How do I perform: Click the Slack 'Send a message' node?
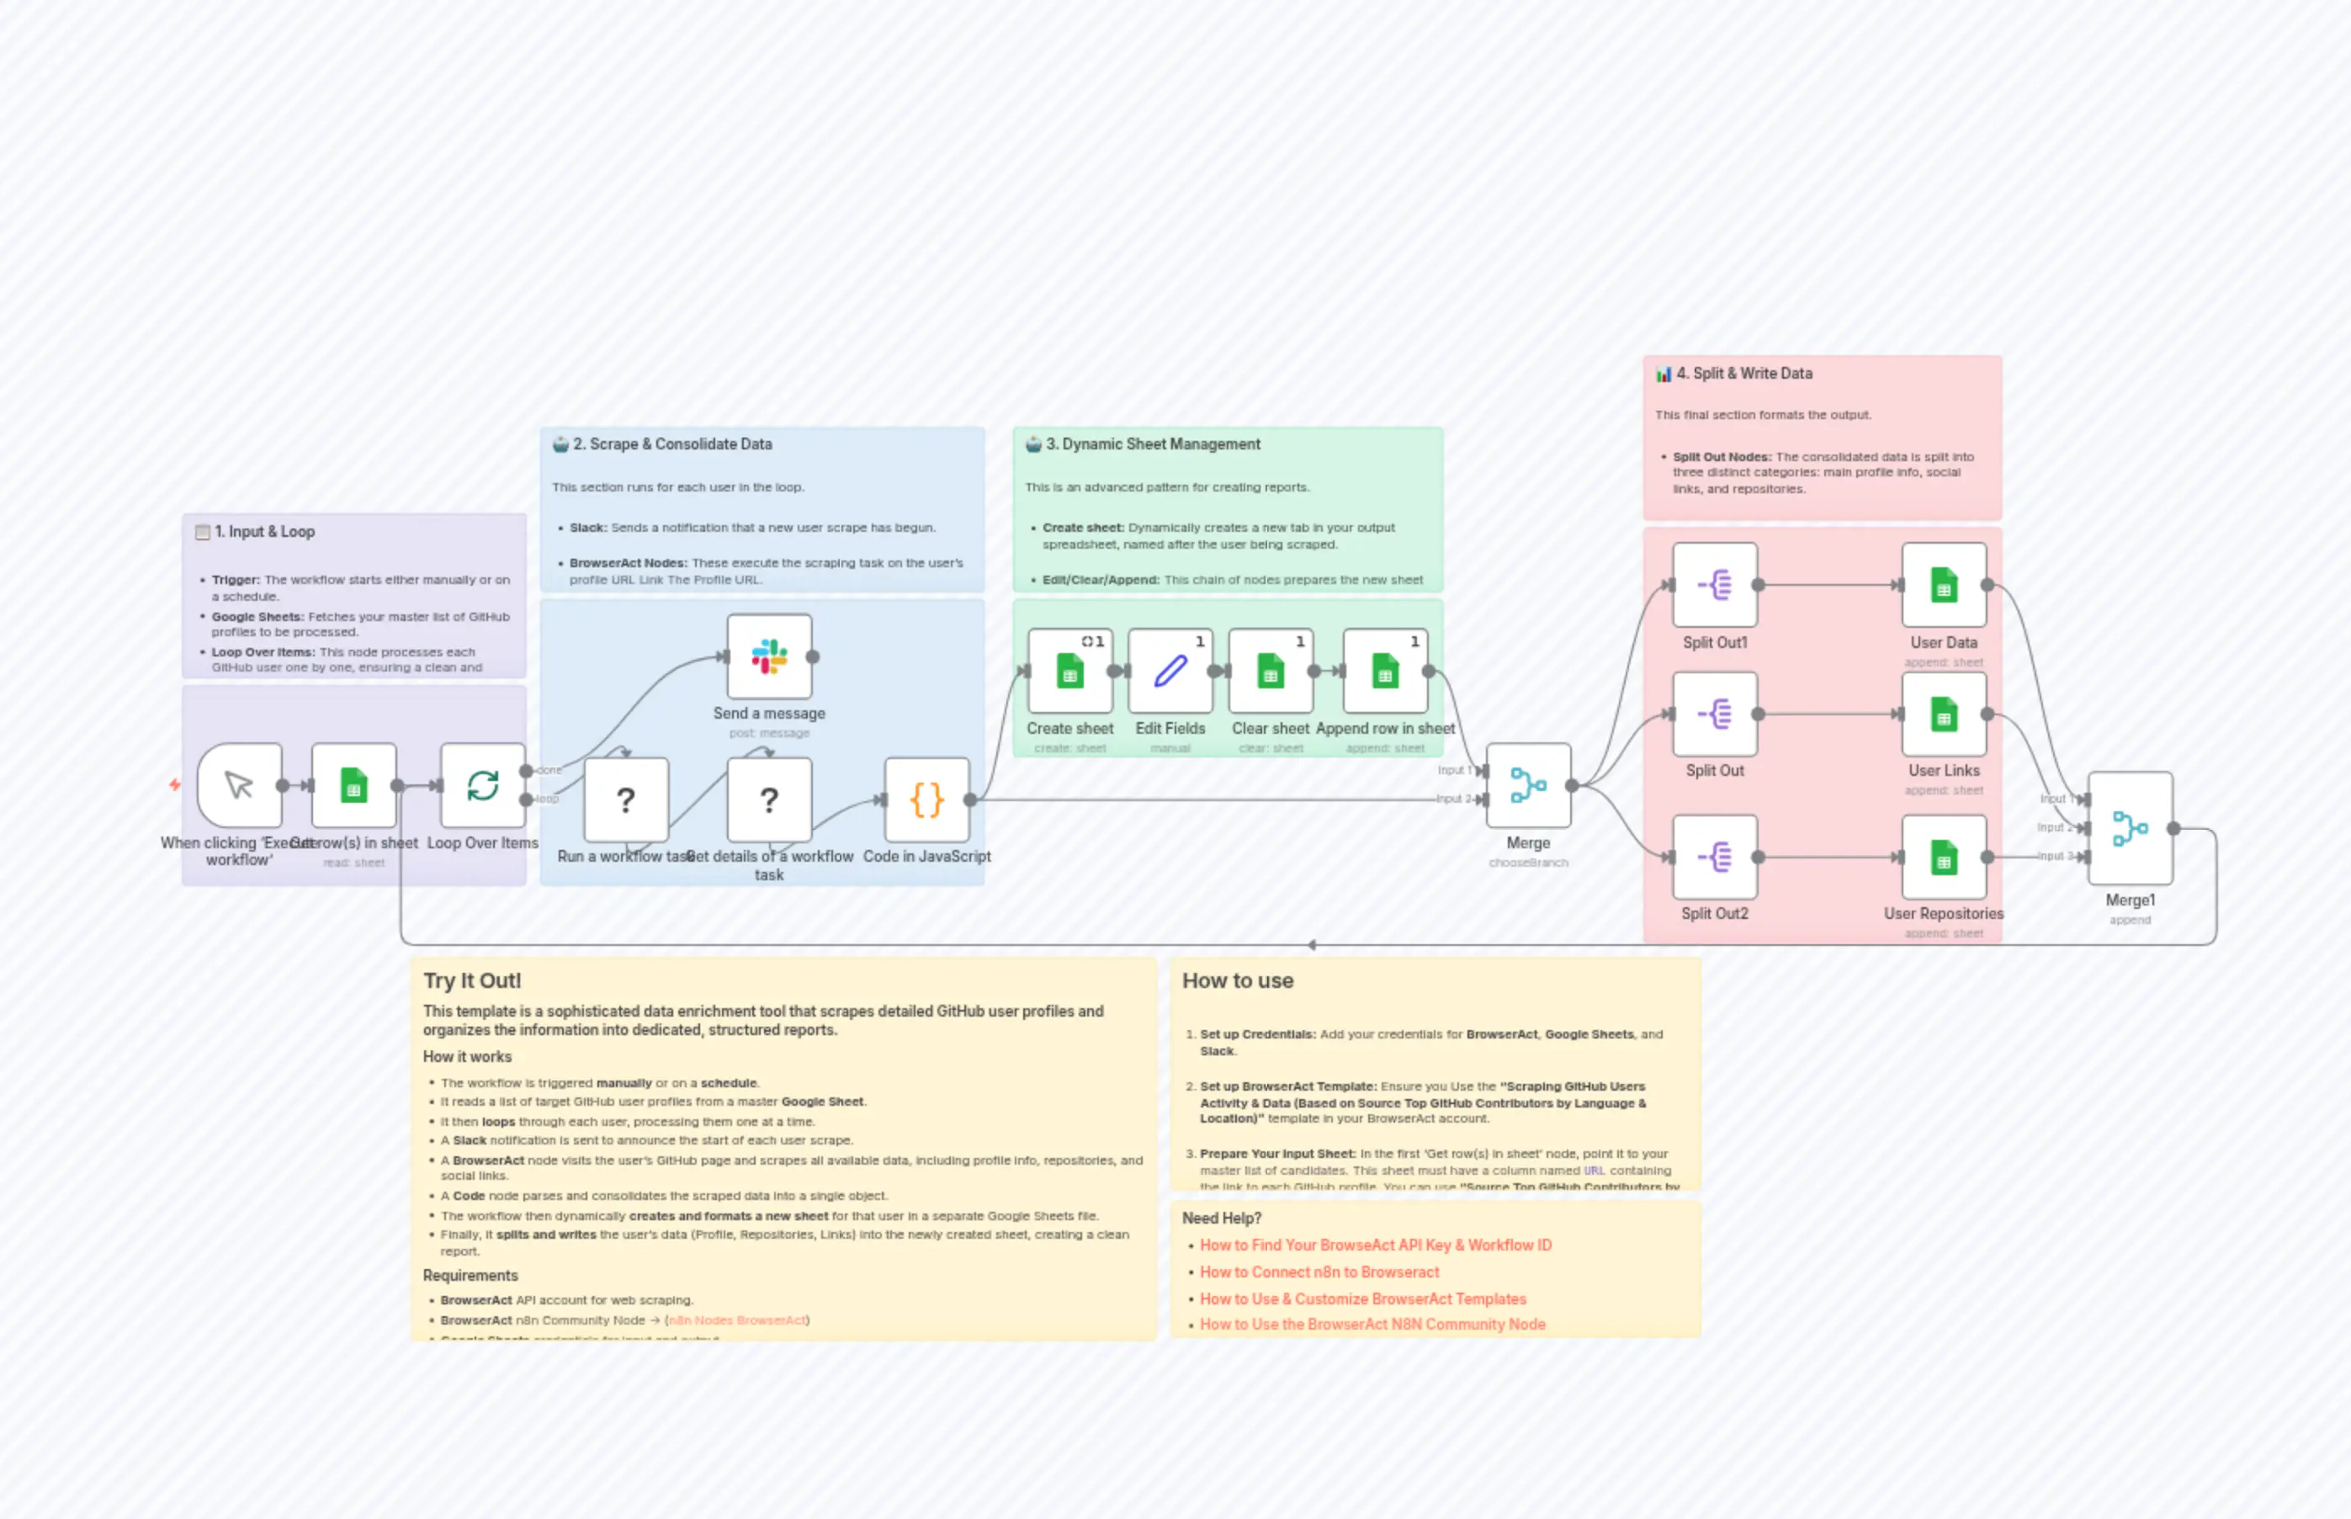point(769,657)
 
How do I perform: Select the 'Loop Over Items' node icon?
point(482,785)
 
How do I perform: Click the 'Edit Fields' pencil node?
point(1170,672)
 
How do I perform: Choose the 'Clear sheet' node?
point(1271,672)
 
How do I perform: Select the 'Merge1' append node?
point(2129,829)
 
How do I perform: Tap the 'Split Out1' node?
point(1714,585)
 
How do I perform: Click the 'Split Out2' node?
point(1714,858)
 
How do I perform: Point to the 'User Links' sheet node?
point(1943,714)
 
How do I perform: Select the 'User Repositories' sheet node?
point(1943,858)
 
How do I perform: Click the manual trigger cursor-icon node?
point(240,785)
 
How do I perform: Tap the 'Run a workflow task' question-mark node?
point(625,800)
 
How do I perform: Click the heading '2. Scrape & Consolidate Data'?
point(671,443)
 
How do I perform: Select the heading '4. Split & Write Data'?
point(1743,373)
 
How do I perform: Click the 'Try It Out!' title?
point(471,980)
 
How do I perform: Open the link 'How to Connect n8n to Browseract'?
point(1319,1272)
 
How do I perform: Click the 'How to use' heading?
point(1237,980)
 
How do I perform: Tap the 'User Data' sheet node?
point(1943,585)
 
